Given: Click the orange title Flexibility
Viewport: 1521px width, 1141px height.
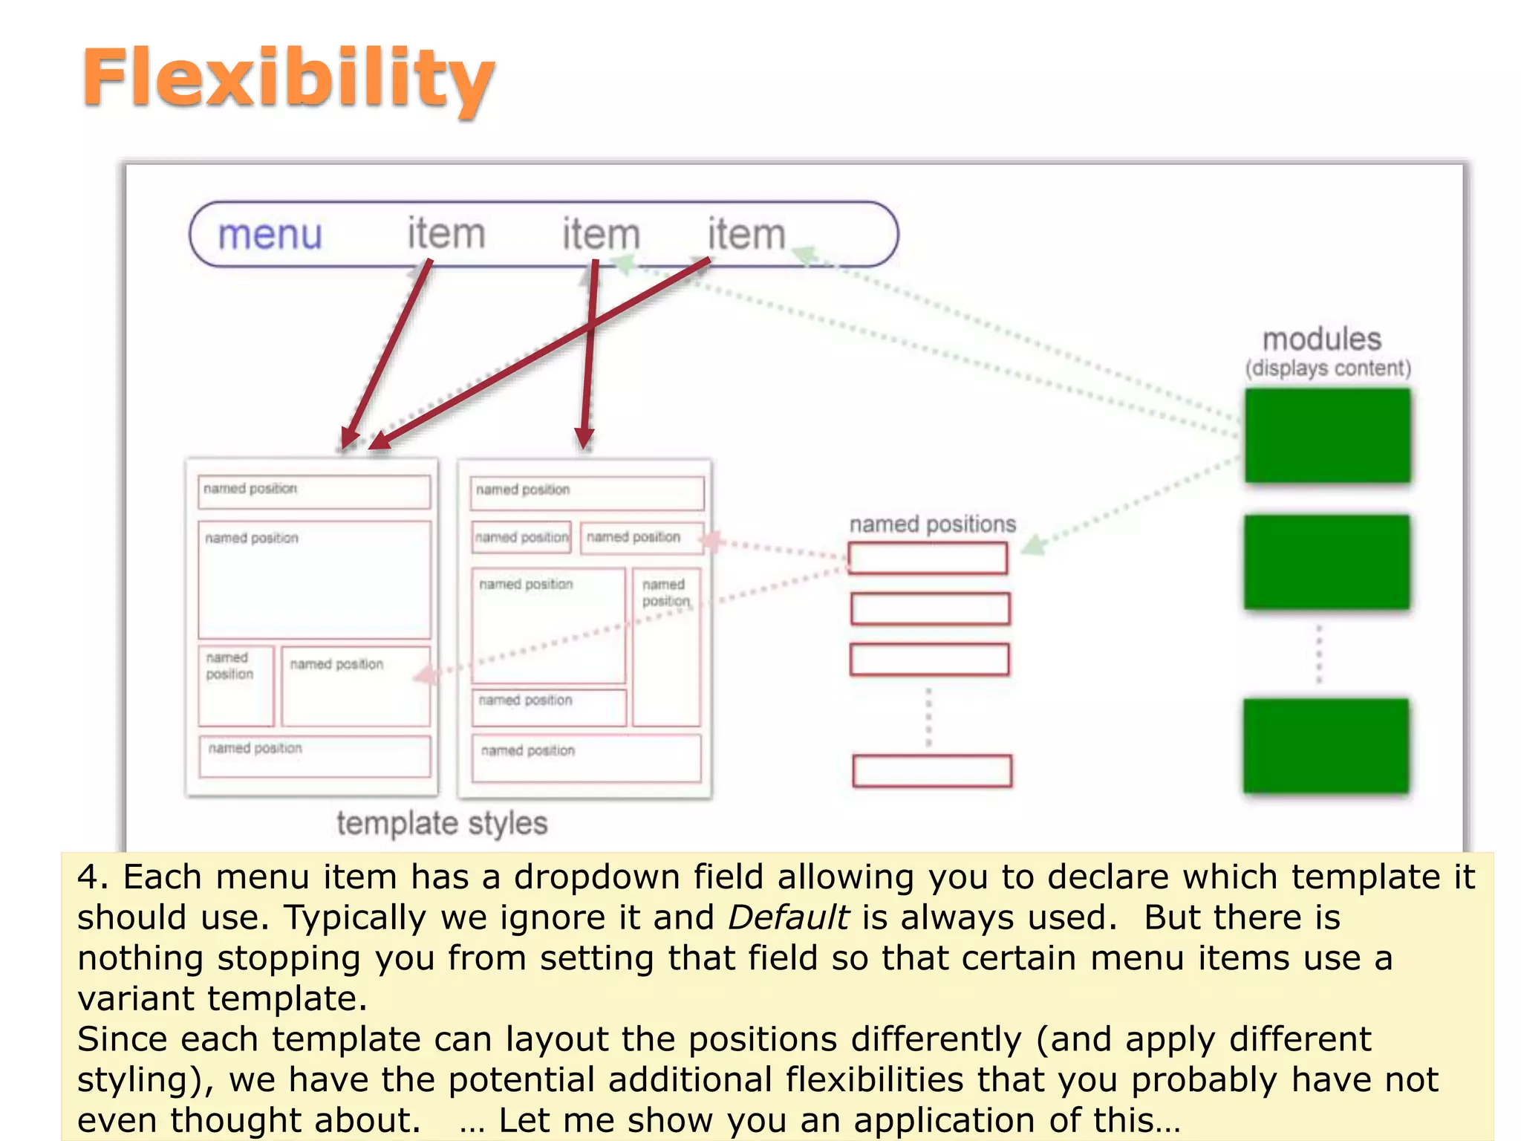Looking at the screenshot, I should pos(288,79).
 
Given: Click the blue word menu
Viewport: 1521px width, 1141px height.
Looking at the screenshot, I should pos(270,235).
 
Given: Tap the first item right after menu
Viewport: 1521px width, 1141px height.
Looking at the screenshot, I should pos(446,234).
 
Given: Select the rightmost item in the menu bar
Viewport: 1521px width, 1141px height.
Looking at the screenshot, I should pos(746,234).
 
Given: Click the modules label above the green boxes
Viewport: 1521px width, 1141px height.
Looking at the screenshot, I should pos(1322,339).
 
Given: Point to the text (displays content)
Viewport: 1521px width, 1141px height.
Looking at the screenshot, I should pos(1328,368).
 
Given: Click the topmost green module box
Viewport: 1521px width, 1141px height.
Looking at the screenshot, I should pos(1327,436).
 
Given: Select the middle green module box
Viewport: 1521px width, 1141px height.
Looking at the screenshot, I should pos(1326,562).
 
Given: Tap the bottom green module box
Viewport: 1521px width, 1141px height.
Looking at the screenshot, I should pos(1326,746).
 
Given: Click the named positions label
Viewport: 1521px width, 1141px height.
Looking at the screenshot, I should pos(932,524).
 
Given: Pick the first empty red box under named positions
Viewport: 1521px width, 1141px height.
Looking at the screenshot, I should pos(928,559).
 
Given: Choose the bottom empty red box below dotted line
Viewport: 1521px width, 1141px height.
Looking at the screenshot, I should pos(932,771).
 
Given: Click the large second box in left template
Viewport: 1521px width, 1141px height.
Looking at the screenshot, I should pos(314,579).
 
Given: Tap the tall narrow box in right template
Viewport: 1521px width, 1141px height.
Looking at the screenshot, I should pos(666,646).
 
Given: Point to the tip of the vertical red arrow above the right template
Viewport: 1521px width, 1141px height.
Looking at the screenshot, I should pos(584,446).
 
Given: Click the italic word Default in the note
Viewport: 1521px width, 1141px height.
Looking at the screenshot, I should pos(788,917).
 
